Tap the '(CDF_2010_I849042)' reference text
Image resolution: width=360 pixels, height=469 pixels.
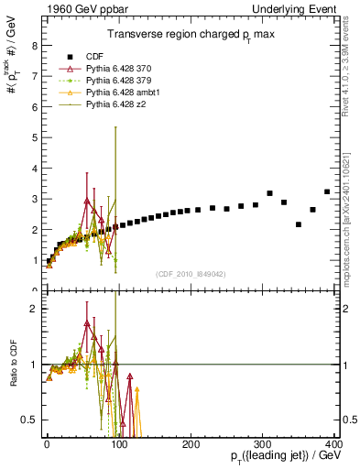[x=191, y=273]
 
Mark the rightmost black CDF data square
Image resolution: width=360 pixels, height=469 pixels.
[x=327, y=191]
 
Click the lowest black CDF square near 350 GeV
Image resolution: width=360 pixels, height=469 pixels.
[x=299, y=224]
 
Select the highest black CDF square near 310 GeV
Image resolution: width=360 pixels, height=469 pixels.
[x=269, y=193]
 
